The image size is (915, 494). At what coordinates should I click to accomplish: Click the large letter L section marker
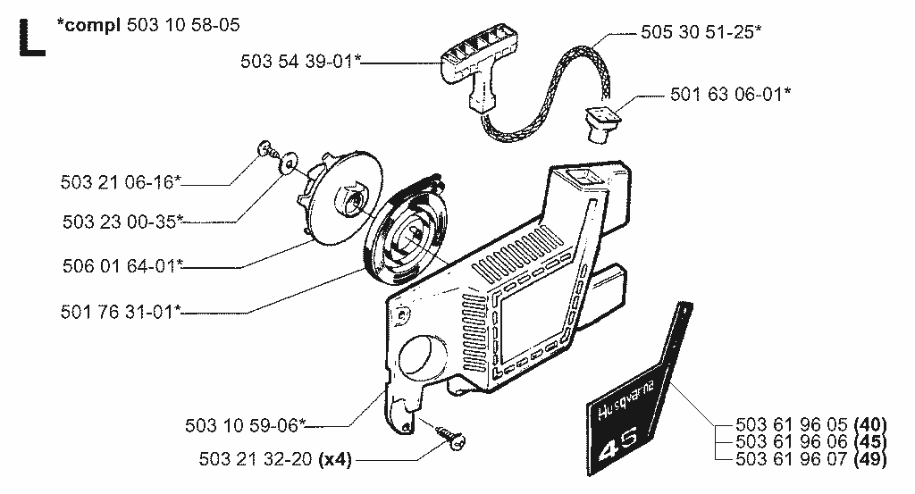coord(31,38)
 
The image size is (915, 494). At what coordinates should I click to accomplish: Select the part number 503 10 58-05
coord(183,25)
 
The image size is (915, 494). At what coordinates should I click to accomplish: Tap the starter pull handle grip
coord(480,64)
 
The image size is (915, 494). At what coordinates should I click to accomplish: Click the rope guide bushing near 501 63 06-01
coord(601,123)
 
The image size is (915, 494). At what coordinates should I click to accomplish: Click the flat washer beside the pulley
coord(288,163)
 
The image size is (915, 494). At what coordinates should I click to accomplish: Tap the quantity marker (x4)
coord(336,459)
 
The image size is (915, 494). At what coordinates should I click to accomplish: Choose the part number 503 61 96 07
coord(791,459)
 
